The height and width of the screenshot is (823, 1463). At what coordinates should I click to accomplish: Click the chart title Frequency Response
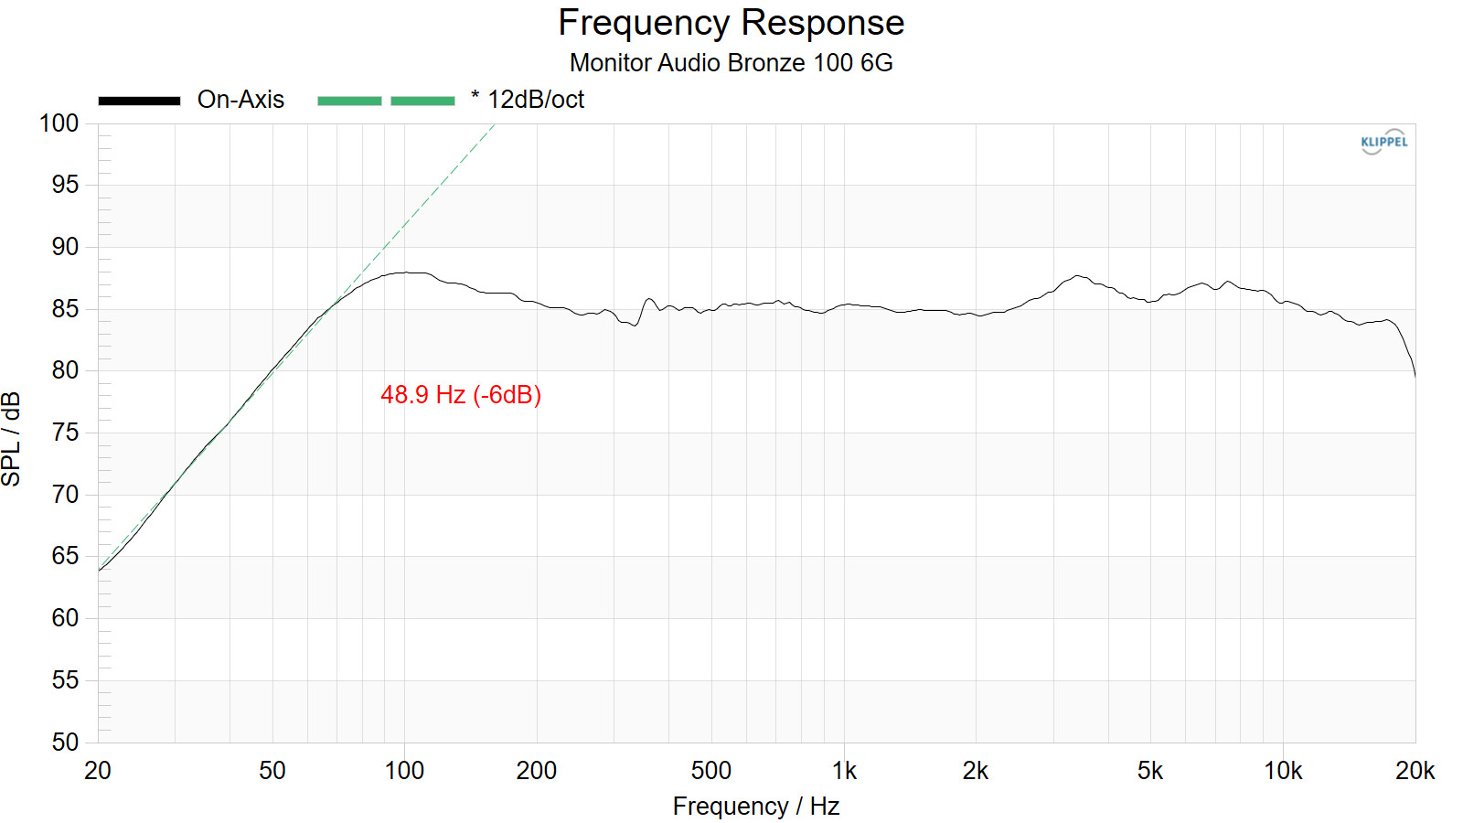tap(731, 23)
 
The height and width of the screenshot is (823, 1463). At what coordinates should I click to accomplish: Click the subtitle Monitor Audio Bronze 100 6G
tap(731, 63)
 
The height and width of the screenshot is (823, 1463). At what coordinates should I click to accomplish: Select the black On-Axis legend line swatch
tap(139, 101)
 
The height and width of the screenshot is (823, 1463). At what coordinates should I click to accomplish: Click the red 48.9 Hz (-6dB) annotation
tap(461, 395)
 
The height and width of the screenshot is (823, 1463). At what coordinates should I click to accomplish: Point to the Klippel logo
tap(1383, 142)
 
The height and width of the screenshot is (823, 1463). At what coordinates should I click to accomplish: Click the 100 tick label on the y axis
tap(59, 123)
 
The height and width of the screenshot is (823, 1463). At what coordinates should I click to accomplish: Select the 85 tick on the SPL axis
tap(65, 309)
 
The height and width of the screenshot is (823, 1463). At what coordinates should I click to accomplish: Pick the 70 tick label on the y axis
tap(65, 495)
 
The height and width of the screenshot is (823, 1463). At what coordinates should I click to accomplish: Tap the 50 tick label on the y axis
tap(65, 742)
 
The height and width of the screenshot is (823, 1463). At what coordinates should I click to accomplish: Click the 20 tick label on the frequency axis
tap(98, 771)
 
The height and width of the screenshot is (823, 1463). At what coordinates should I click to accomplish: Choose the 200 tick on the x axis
tap(536, 771)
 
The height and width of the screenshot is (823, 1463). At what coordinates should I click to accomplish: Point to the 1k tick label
tap(844, 771)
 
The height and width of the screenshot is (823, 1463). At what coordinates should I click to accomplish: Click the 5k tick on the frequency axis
tap(1150, 771)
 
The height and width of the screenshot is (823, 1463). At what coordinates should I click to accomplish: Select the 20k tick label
tap(1415, 771)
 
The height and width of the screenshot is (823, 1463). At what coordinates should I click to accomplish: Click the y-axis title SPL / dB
tap(12, 439)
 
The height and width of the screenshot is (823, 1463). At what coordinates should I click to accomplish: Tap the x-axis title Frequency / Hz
tap(756, 807)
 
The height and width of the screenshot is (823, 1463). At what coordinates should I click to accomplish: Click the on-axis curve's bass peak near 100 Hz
tap(409, 273)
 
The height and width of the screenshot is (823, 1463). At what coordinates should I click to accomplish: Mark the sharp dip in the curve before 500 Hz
tap(635, 326)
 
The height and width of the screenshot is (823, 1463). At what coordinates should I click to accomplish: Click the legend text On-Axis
tap(240, 100)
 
